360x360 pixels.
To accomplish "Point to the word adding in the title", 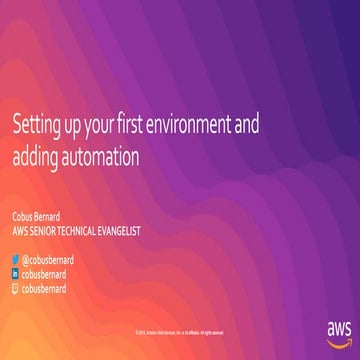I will point(35,156).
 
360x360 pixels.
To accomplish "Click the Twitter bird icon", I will point(14,259).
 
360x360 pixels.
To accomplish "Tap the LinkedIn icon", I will point(14,273).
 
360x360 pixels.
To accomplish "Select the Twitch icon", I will point(14,287).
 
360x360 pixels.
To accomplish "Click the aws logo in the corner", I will point(339,328).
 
